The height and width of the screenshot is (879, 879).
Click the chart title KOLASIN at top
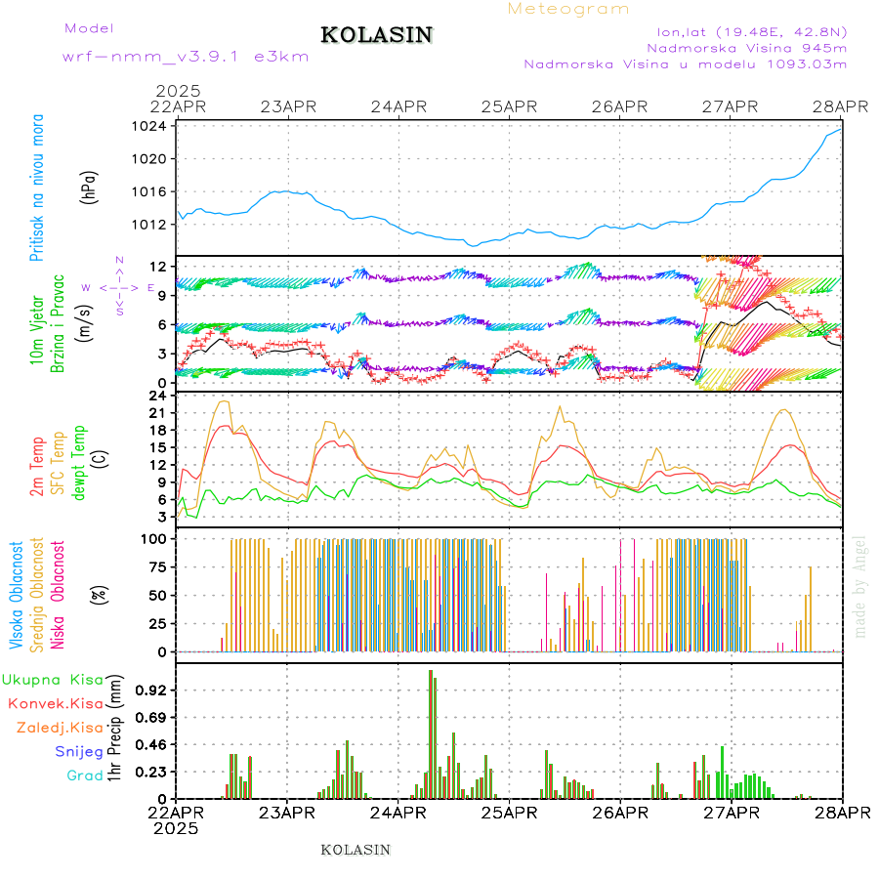[x=376, y=35]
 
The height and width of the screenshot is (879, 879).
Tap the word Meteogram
[x=568, y=9]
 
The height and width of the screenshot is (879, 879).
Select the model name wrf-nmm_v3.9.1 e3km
[x=186, y=56]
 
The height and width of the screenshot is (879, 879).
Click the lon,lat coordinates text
[x=751, y=29]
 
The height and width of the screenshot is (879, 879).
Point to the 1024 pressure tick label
[x=154, y=126]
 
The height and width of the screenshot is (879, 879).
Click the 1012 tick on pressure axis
[x=154, y=224]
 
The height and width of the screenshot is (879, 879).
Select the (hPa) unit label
[x=89, y=186]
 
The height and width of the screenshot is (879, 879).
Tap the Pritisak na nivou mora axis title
[x=37, y=188]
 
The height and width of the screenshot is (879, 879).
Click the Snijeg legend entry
[x=78, y=752]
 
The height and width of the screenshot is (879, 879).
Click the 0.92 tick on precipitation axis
[x=154, y=690]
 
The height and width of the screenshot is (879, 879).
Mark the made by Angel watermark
[x=860, y=586]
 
